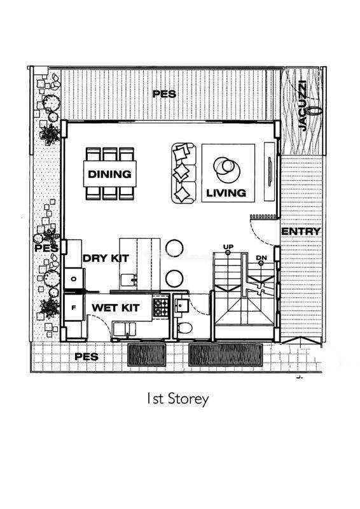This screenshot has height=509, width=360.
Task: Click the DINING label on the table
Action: click(x=110, y=174)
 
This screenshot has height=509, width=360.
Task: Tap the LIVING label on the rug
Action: click(x=226, y=193)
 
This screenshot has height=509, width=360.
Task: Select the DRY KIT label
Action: click(x=106, y=258)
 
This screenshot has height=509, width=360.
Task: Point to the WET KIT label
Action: click(x=116, y=307)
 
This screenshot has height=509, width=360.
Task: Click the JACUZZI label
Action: click(x=302, y=106)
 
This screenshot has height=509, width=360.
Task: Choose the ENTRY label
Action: click(x=301, y=232)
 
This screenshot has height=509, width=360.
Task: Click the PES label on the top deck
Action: click(x=164, y=94)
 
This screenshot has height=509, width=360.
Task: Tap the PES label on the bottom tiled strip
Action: click(x=87, y=357)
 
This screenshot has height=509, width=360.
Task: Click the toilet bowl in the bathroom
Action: click(x=185, y=328)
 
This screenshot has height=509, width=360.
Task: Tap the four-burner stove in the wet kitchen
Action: click(x=161, y=307)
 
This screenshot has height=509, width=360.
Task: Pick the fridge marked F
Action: click(x=74, y=307)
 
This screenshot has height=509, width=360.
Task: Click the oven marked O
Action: click(x=74, y=279)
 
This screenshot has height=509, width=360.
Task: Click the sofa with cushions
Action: click(x=184, y=173)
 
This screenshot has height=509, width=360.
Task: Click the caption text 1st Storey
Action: click(x=177, y=400)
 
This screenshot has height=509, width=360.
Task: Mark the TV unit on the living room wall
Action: click(x=270, y=171)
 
